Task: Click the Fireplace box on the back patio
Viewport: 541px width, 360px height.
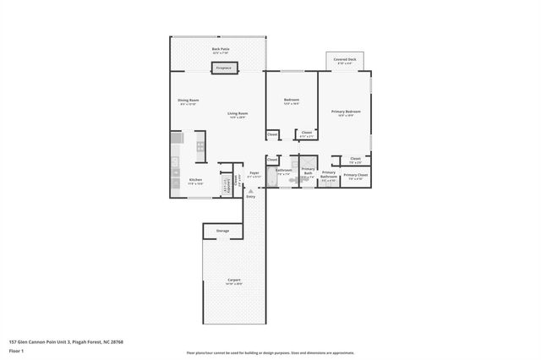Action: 223,68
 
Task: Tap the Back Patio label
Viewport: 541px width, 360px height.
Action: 221,51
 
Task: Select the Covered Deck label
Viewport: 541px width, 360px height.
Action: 344,61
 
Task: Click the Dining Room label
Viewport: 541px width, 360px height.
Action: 188,102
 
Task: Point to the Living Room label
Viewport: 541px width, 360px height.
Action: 237,115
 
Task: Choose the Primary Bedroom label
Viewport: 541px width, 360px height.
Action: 345,113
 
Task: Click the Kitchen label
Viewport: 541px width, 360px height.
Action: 195,181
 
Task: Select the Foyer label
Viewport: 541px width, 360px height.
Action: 254,173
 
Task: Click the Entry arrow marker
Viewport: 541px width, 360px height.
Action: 250,192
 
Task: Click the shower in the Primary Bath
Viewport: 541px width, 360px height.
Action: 308,165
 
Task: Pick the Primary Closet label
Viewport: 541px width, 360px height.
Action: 356,177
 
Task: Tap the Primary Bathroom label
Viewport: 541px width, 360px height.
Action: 329,176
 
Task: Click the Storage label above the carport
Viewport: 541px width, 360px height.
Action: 222,230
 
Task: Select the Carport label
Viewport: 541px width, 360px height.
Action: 234,281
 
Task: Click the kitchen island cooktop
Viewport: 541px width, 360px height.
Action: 200,146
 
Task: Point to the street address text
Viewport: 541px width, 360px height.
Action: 66,342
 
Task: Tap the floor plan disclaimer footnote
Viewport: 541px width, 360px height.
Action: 270,353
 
